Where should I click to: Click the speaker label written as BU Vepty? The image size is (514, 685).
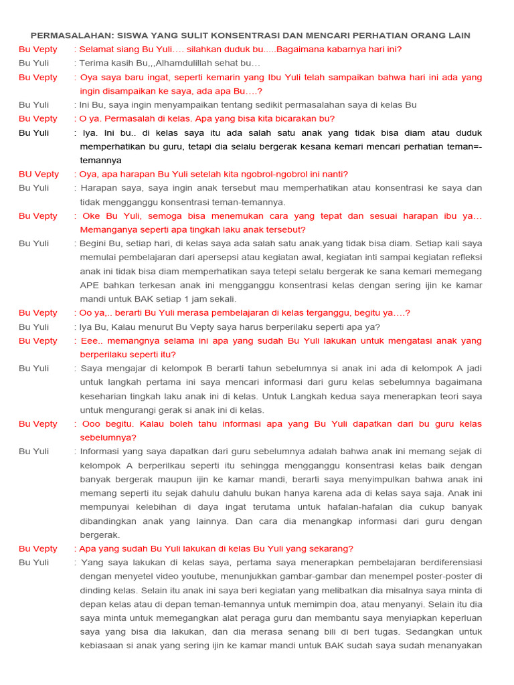coord(39,174)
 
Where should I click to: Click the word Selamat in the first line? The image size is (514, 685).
coord(98,49)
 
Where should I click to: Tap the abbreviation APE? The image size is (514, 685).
coord(90,285)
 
